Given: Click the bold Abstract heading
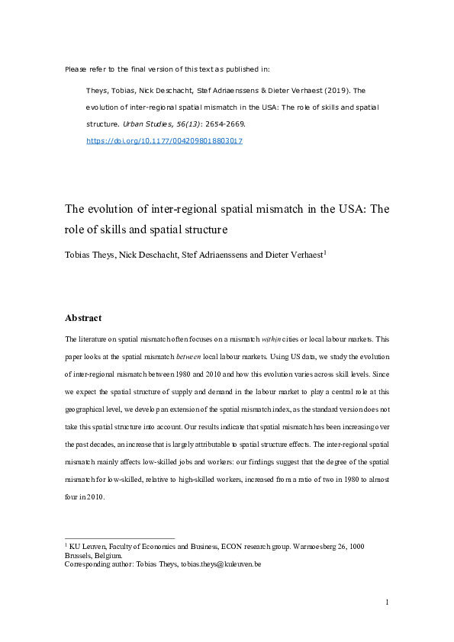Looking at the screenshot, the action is (x=83, y=318).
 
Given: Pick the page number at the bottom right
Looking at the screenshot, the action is (x=387, y=603).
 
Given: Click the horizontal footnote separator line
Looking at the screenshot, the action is (x=120, y=538).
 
